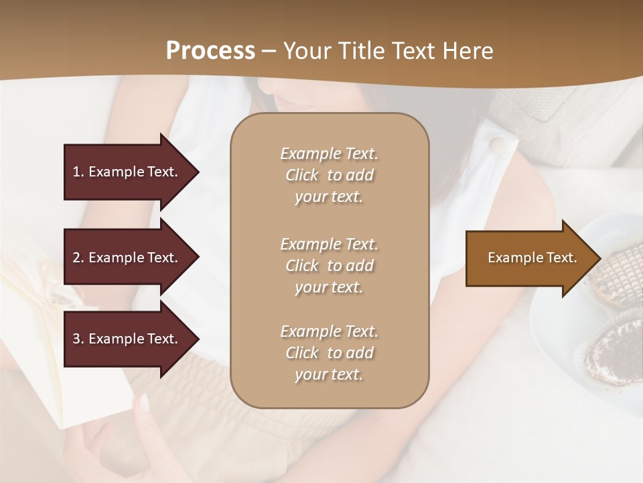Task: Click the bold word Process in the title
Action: tap(210, 50)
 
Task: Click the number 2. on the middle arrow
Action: tap(78, 258)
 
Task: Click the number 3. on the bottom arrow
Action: tap(78, 339)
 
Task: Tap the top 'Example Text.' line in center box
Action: tap(329, 154)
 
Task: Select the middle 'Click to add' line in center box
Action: tap(329, 266)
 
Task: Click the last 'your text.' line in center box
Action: tap(329, 374)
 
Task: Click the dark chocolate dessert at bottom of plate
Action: tap(610, 352)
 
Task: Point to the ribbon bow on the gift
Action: tap(50, 292)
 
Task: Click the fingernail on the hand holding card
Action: tap(143, 402)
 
